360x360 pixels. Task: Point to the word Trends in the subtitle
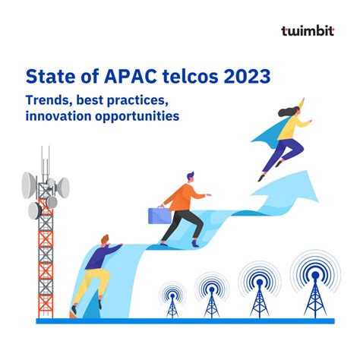[x=48, y=100]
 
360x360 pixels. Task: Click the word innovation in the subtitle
[x=58, y=116]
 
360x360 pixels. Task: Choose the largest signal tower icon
[x=314, y=287]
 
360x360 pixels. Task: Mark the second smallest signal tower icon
[x=211, y=297]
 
